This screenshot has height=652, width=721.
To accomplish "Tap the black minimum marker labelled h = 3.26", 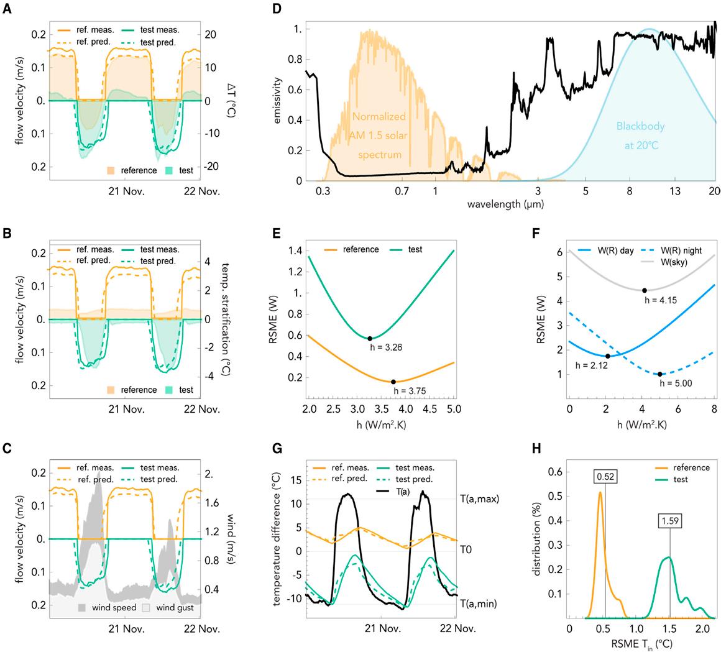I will coord(370,338).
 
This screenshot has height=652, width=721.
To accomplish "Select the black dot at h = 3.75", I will coord(393,382).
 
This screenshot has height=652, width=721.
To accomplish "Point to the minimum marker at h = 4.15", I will coord(645,290).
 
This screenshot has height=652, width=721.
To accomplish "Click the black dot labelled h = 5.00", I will coord(660,374).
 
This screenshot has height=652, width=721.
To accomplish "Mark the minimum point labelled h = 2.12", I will coord(607,356).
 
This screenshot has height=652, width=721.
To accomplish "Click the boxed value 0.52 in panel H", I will coord(605,477).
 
